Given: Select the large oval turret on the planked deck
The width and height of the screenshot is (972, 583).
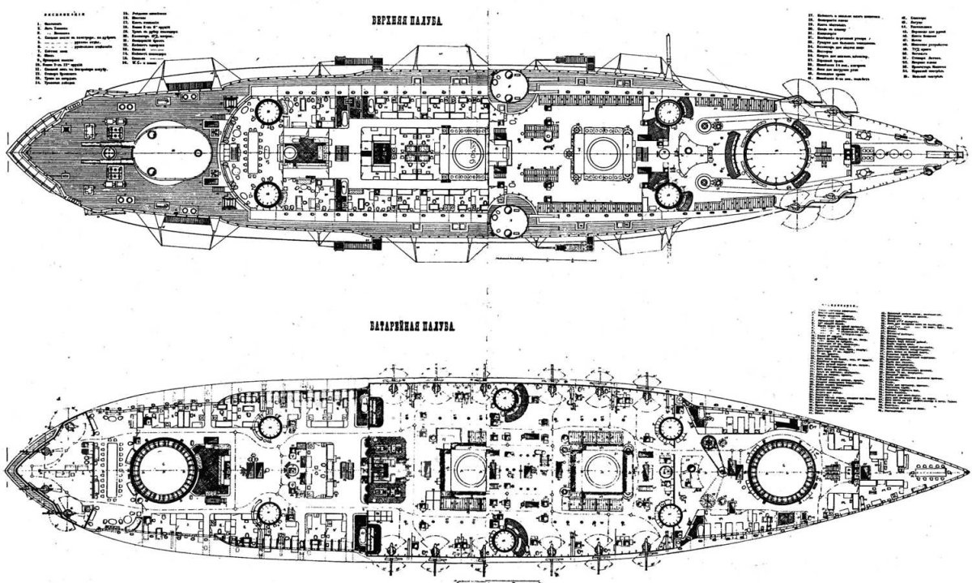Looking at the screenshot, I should pos(172,152).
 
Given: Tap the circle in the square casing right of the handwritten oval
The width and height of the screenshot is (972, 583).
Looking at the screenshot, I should pos(600,151).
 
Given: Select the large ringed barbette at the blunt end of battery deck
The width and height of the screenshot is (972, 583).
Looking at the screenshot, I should pos(163,472).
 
